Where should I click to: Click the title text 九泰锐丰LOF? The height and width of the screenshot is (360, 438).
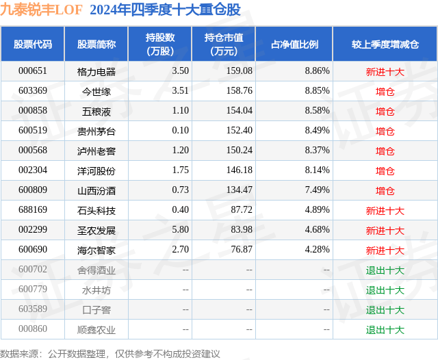tap(41, 10)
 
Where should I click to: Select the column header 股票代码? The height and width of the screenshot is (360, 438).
tap(32, 44)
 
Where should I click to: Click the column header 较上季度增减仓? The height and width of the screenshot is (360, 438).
tap(385, 44)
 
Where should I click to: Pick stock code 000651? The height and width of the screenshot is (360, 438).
tap(32, 71)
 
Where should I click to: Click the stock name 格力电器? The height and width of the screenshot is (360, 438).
tap(96, 71)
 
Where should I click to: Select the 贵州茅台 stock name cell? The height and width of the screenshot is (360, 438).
tap(96, 131)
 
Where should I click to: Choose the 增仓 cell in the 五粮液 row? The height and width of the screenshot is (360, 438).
tap(385, 111)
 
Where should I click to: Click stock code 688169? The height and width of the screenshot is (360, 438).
tap(32, 210)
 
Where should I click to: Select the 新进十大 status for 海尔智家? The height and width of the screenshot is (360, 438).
tap(385, 250)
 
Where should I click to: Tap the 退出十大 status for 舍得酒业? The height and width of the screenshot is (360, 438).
tap(385, 270)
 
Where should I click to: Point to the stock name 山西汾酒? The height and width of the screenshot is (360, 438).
tap(96, 190)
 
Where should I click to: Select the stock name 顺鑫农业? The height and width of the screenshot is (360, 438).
tap(96, 329)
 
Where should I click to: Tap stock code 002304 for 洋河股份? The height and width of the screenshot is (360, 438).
tap(32, 170)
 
